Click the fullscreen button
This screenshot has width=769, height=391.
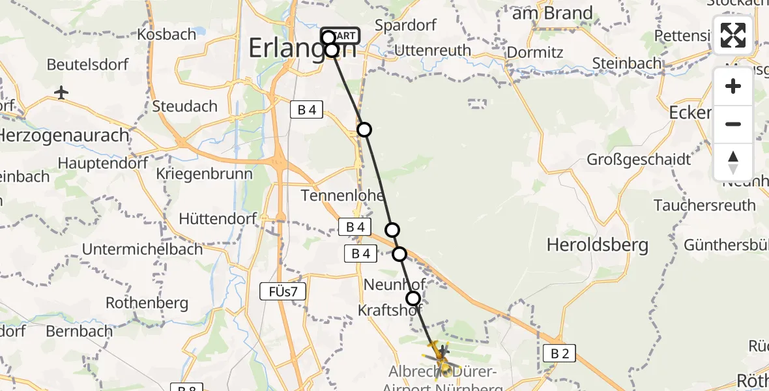[733, 35]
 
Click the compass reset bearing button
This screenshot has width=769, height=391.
[733, 162]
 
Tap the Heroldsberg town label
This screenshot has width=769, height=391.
[598, 245]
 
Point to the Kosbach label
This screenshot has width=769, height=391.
[167, 34]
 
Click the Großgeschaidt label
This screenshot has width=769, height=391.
[630, 159]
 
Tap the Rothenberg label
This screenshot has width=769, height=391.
[147, 302]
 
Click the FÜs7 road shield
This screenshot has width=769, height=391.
[283, 292]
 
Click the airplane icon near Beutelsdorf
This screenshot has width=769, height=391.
[61, 93]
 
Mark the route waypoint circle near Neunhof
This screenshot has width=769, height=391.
[413, 298]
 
